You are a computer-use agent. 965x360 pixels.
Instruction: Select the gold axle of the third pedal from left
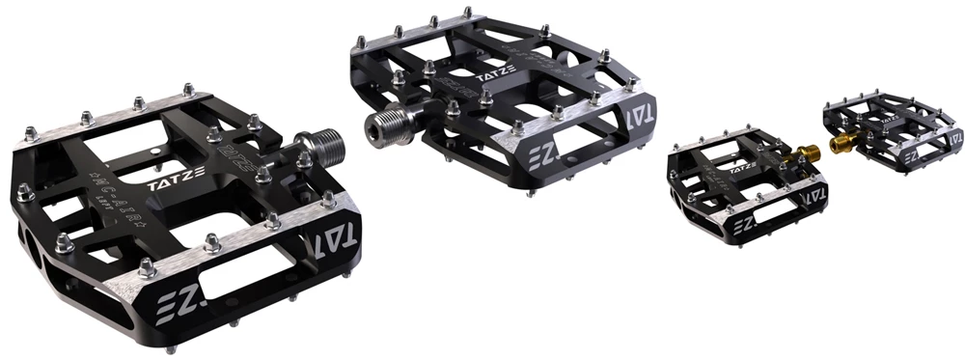[805, 152]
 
